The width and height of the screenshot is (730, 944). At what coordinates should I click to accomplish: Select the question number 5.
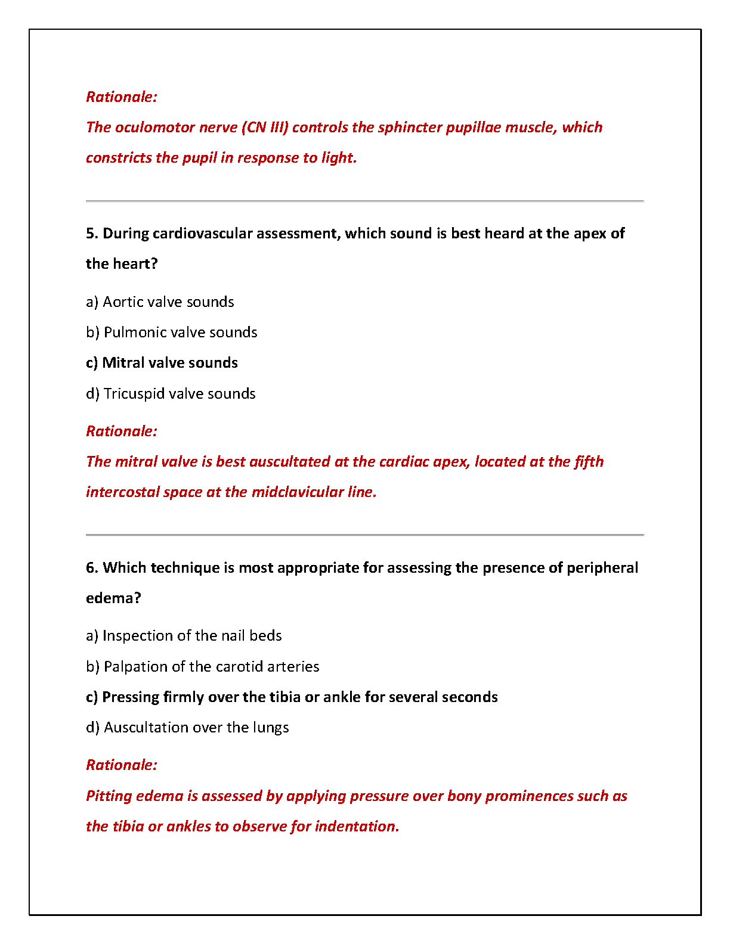coord(91,234)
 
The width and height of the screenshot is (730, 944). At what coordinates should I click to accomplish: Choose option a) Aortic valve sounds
coord(160,302)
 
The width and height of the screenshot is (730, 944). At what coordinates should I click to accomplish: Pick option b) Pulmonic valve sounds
coord(172,333)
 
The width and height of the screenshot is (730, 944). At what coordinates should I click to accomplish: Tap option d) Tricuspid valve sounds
coord(171,394)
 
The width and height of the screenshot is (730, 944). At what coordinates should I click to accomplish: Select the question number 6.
coord(91,568)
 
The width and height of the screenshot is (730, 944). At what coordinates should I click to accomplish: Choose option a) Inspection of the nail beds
coord(184,636)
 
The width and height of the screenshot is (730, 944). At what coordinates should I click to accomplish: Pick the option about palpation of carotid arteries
coord(203,667)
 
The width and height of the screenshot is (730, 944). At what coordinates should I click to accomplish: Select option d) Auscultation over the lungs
coord(187,728)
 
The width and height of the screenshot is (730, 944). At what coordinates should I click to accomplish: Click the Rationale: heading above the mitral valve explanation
coord(122,431)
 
